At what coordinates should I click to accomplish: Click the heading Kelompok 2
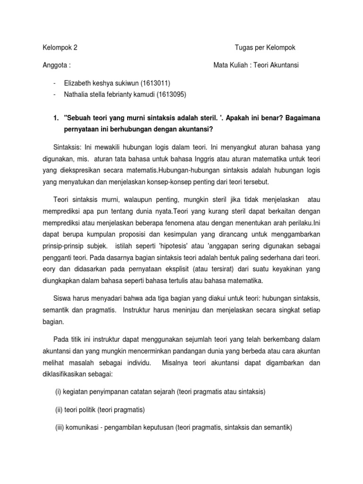[x=60, y=48]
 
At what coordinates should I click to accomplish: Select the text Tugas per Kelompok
[x=265, y=48]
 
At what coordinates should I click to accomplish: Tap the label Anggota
[x=57, y=65]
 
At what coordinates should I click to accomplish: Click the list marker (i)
[x=59, y=391]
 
